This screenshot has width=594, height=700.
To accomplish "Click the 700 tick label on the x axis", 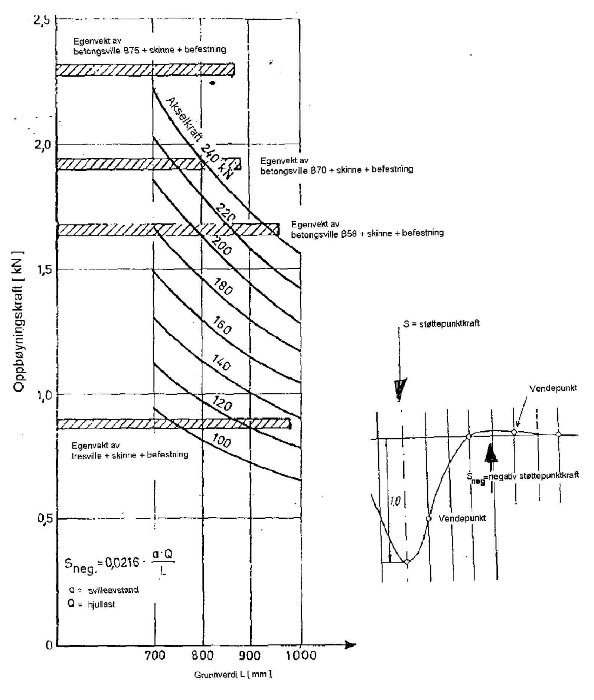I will pyautogui.click(x=155, y=655).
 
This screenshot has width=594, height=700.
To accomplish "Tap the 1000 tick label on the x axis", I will pyautogui.click(x=301, y=655).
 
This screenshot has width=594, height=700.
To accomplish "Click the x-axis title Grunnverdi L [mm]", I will pyautogui.click(x=233, y=674).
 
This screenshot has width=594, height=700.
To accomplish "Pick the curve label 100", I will pyautogui.click(x=222, y=441).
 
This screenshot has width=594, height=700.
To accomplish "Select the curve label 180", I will pyautogui.click(x=223, y=287).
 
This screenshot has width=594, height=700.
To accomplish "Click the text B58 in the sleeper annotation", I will pyautogui.click(x=348, y=234).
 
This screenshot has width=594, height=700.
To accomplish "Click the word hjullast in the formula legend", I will pyautogui.click(x=101, y=605).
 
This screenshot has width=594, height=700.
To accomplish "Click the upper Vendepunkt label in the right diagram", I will pyautogui.click(x=553, y=388).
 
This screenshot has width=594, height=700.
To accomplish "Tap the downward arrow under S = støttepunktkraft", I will pyautogui.click(x=400, y=390).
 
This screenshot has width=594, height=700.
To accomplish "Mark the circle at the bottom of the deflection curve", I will pyautogui.click(x=407, y=562).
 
